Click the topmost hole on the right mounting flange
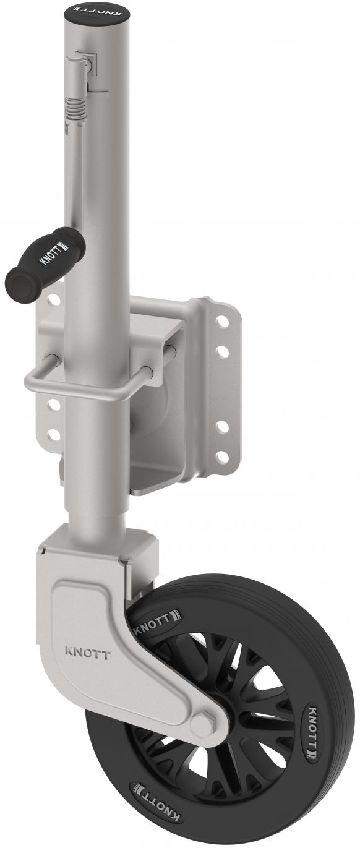pyautogui.click(x=223, y=322)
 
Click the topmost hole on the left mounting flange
pyautogui.click(x=54, y=299)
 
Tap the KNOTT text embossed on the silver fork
pyautogui.click(x=87, y=653)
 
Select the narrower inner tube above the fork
pyautogui.click(x=99, y=507)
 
